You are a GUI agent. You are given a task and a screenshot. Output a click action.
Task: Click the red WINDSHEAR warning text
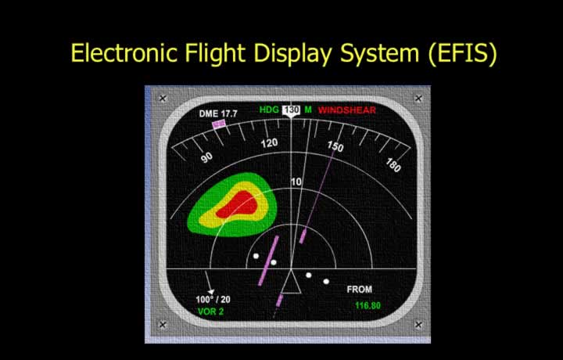pos(347,110)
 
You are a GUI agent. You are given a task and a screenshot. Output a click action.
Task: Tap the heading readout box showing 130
pos(291,110)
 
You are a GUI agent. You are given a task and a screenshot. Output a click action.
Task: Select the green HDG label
pos(269,110)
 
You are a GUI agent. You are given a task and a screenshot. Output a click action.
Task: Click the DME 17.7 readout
pos(218,114)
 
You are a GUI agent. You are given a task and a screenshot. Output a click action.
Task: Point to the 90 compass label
pos(206,157)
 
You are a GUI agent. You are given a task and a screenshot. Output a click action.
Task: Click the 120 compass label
pos(269,143)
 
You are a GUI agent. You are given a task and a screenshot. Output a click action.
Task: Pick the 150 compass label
pos(335,146)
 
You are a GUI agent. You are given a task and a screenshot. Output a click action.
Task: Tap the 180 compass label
pos(393,165)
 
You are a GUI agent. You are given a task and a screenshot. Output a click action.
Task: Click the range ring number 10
pos(296,182)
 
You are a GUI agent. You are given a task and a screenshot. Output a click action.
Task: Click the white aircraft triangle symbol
pos(291,281)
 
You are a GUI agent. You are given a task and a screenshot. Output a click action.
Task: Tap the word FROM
pos(360,290)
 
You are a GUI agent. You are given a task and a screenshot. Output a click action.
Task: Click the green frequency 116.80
pos(368,306)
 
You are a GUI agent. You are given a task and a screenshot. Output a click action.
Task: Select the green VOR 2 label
pos(211,311)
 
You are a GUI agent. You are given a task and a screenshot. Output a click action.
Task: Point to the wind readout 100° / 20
pos(213,299)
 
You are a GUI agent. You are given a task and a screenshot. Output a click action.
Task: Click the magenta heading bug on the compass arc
pos(219,124)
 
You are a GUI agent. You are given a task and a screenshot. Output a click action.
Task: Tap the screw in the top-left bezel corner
pos(163,98)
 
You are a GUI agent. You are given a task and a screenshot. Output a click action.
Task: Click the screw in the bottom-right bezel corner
pos(418,325)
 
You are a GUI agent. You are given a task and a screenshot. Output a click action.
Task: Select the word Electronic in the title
pos(124,52)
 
